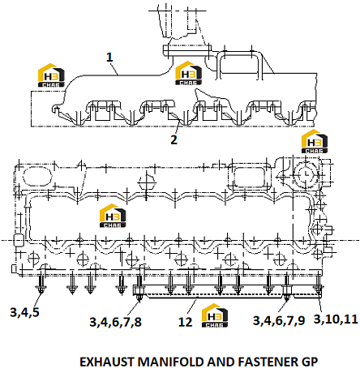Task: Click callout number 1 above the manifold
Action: [109, 58]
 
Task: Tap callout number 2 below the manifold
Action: [174, 139]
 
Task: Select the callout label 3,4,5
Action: [24, 312]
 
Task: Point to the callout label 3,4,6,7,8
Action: [115, 322]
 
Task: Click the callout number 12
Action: [185, 322]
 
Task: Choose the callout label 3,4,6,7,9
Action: [279, 320]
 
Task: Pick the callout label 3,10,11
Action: [336, 319]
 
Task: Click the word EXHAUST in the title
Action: [107, 362]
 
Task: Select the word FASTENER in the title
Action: [268, 362]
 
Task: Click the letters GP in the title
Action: [310, 362]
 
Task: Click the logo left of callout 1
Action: [51, 75]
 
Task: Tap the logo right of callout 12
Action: [215, 315]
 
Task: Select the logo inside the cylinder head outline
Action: [113, 216]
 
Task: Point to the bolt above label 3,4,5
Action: [41, 283]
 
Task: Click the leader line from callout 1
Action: [114, 69]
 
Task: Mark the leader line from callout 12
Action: [192, 307]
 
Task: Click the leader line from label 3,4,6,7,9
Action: [282, 306]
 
